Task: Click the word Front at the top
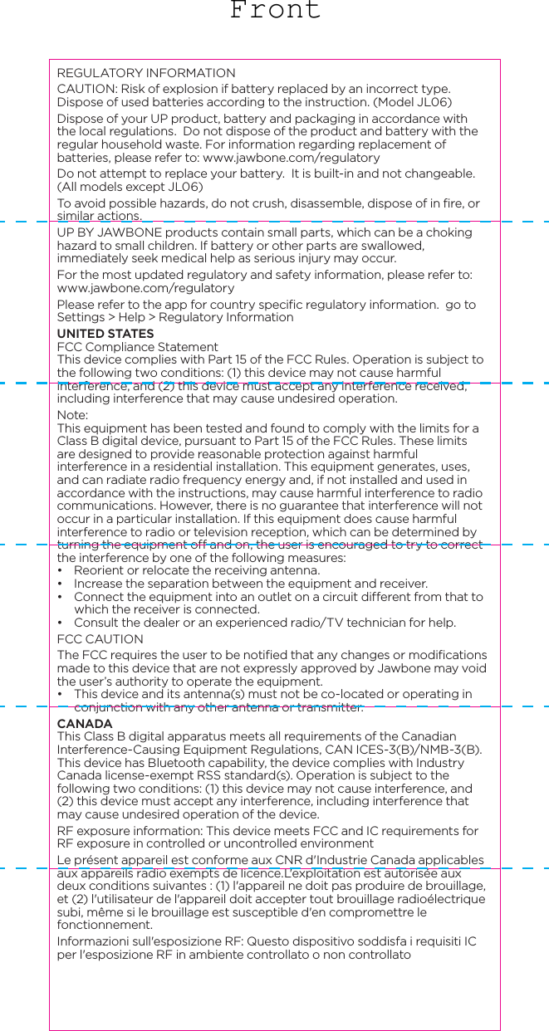pos(275,11)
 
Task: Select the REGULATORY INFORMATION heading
pos(145,73)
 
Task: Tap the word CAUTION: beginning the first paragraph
pos(86,89)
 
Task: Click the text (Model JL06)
pos(413,102)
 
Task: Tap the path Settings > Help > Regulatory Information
pos(174,318)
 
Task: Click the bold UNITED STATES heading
pos(105,334)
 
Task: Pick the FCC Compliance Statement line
pos(137,347)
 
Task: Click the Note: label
pos(72,415)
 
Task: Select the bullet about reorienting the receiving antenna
pos(197,570)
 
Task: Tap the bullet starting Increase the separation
pos(251,584)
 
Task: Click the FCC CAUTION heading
pos(100,639)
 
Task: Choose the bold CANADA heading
pos(85,725)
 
